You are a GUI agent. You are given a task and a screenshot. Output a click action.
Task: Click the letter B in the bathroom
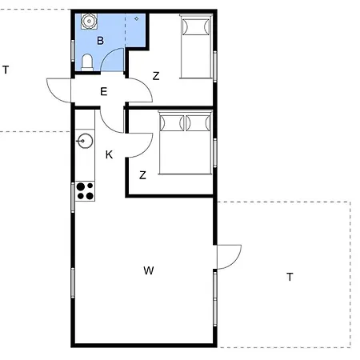click(x=100, y=41)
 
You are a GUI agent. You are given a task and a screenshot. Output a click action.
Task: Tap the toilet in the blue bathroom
click(x=87, y=62)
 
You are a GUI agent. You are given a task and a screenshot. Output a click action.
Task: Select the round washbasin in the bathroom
click(x=89, y=21)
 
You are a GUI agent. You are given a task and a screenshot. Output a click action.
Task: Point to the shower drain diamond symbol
click(x=137, y=18)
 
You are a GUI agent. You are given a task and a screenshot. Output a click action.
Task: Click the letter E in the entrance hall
click(x=104, y=92)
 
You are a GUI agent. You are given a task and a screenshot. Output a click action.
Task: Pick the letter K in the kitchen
click(x=109, y=154)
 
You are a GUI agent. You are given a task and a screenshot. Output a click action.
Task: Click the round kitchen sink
click(x=85, y=141)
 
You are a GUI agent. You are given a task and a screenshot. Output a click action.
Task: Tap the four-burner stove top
click(x=85, y=191)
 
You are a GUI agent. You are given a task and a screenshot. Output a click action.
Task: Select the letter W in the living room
click(x=149, y=270)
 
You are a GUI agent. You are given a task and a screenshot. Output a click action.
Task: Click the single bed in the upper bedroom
click(x=196, y=46)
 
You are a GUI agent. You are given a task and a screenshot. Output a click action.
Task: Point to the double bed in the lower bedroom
click(x=186, y=142)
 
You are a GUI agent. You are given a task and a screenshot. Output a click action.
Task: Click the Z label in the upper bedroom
click(x=156, y=76)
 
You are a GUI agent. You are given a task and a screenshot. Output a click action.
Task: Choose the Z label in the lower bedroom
click(x=142, y=175)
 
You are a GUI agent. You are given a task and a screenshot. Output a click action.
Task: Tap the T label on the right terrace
click(x=290, y=277)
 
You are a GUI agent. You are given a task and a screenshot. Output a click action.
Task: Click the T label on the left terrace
click(x=6, y=70)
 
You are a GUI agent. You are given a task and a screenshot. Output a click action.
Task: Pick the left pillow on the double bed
click(x=172, y=123)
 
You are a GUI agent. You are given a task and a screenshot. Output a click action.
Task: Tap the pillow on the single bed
click(x=196, y=26)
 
